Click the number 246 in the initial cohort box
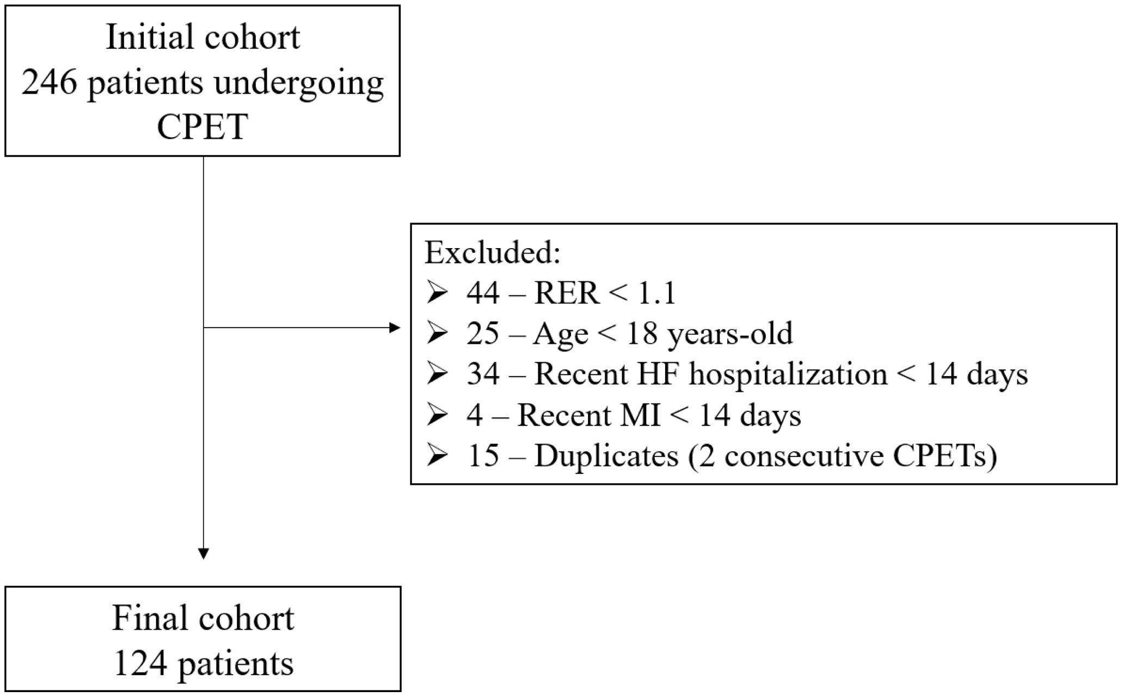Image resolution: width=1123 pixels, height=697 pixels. pyautogui.click(x=49, y=83)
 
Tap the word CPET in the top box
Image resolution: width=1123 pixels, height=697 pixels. pyautogui.click(x=202, y=127)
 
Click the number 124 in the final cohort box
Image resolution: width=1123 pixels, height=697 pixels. pyautogui.click(x=140, y=663)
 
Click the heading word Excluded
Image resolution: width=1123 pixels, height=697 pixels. pyautogui.click(x=492, y=252)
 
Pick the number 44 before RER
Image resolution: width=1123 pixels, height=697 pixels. pyautogui.click(x=483, y=293)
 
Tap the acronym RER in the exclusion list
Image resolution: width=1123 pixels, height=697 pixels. pyautogui.click(x=566, y=293)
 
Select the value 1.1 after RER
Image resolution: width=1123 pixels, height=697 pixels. pyautogui.click(x=656, y=293)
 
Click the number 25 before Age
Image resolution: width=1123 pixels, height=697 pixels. pyautogui.click(x=483, y=334)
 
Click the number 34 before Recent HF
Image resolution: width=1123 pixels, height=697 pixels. pyautogui.click(x=483, y=374)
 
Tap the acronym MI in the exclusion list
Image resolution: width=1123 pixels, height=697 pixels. pyautogui.click(x=643, y=415)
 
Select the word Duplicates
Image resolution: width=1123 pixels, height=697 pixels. pyautogui.click(x=606, y=456)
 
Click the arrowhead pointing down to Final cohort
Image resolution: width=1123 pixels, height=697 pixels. pyautogui.click(x=203, y=553)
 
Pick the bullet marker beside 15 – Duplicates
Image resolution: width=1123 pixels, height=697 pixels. pyautogui.click(x=437, y=456)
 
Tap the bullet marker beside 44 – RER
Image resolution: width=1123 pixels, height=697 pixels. pyautogui.click(x=437, y=293)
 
